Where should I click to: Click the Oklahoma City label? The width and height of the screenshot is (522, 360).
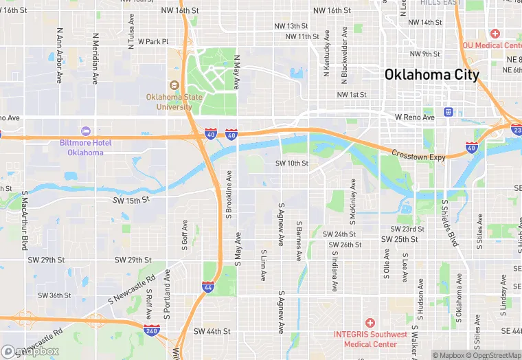(x=431, y=75)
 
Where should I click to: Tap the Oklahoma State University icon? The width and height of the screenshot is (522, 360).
(x=174, y=85)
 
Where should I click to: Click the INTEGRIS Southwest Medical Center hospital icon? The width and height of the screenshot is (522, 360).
(x=370, y=323)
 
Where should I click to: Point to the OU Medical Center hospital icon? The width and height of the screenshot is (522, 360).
(x=495, y=33)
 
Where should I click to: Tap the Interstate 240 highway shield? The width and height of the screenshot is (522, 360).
(x=152, y=330)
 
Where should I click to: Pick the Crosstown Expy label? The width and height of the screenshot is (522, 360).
(x=418, y=155)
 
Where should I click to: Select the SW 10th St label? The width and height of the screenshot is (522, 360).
(x=292, y=164)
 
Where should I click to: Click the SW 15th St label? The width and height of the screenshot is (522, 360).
(x=131, y=200)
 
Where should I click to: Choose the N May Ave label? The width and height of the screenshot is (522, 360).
(x=237, y=73)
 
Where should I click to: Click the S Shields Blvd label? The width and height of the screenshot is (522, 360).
(x=449, y=223)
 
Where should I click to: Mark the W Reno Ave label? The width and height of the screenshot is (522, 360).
(x=415, y=117)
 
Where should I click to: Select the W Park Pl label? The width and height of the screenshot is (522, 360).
(x=152, y=41)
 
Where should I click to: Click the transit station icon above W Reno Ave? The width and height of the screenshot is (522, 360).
(x=449, y=112)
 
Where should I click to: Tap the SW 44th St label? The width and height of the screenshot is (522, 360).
(x=212, y=331)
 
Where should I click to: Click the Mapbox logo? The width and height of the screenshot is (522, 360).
(x=30, y=351)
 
